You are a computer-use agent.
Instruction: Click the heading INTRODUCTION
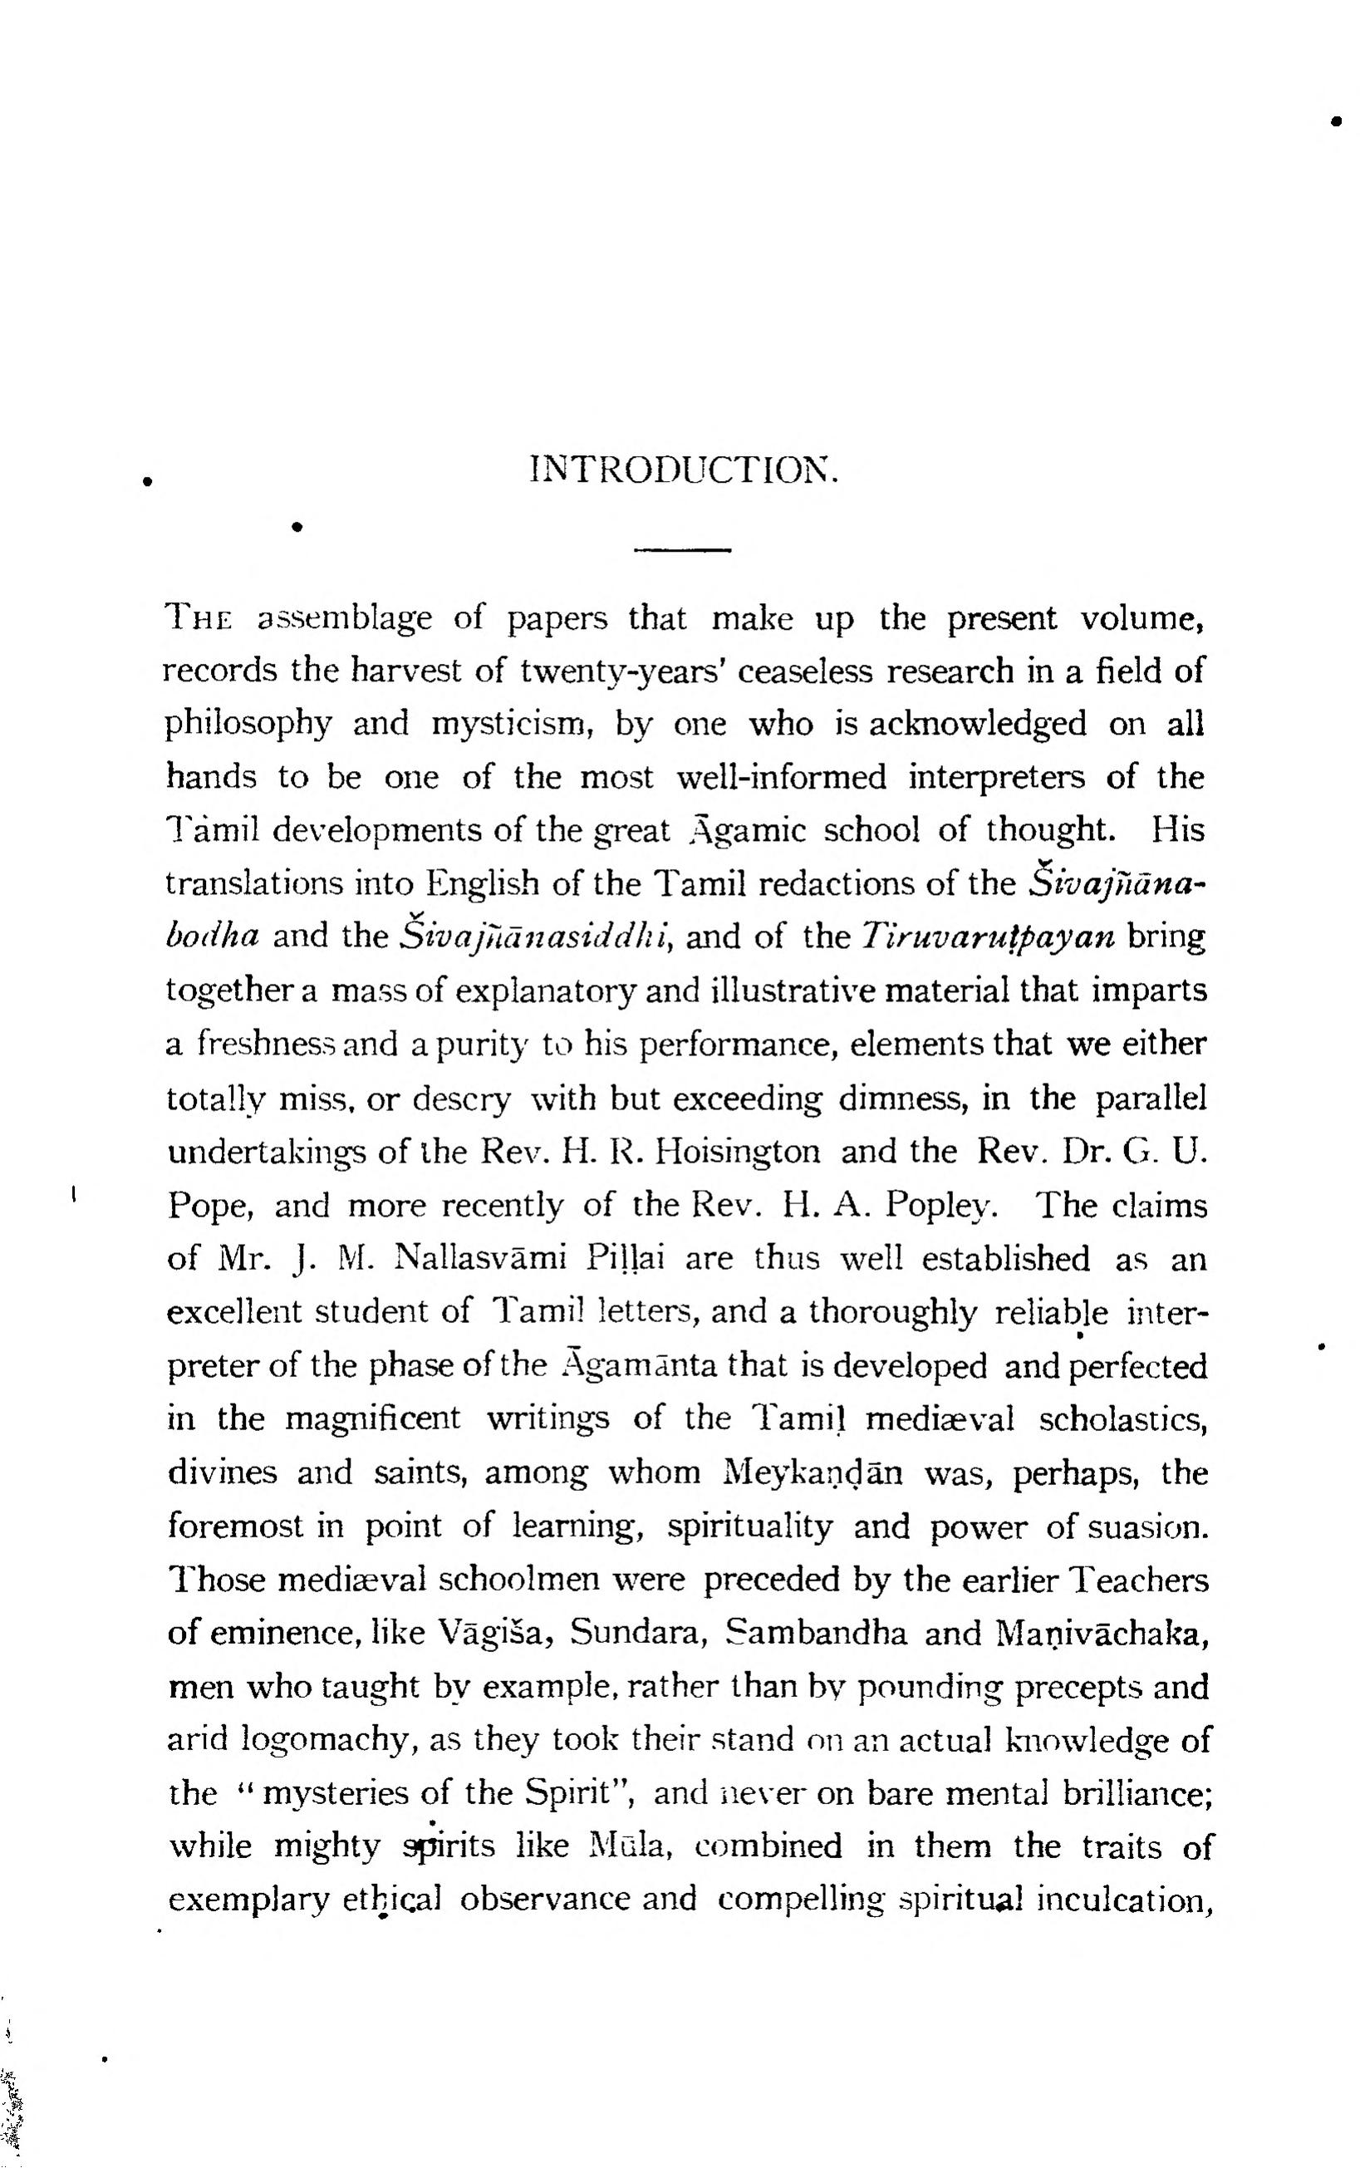[x=685, y=469]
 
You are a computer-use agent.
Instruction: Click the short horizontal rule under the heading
[x=683, y=548]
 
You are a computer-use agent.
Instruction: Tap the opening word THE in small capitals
[x=199, y=619]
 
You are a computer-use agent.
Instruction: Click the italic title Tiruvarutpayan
[x=988, y=937]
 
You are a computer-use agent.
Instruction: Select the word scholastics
[x=1123, y=1419]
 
